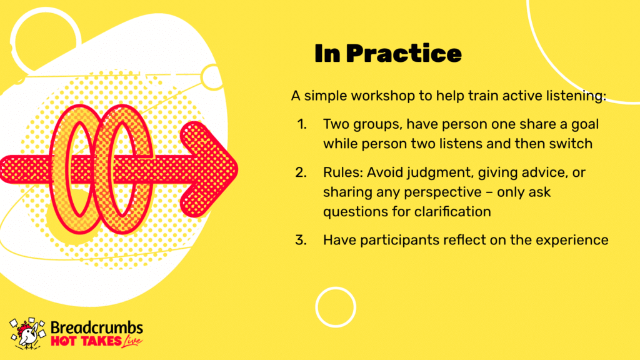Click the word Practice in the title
click(x=404, y=54)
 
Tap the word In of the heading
click(x=327, y=54)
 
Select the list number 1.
click(x=302, y=124)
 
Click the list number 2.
click(x=301, y=172)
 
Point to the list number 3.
click(x=301, y=240)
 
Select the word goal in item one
click(x=585, y=124)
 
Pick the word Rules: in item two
click(x=343, y=172)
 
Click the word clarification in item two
click(x=452, y=211)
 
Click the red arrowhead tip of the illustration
click(x=237, y=169)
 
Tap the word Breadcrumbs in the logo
click(x=97, y=327)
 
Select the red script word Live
click(x=132, y=341)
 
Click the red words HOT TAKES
click(x=86, y=341)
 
